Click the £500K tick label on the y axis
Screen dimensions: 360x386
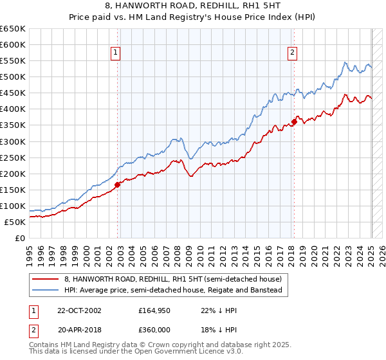coord(13,77)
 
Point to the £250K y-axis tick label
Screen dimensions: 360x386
coord(13,157)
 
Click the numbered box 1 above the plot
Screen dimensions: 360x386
coord(116,53)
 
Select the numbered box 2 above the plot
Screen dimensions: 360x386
coord(292,53)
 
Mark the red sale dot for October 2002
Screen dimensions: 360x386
coord(118,184)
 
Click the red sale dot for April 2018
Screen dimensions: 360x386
coord(294,122)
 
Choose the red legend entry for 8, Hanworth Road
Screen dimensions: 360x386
coord(172,280)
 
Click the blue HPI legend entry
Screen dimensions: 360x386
coord(172,291)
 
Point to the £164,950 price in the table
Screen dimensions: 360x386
coord(155,310)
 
